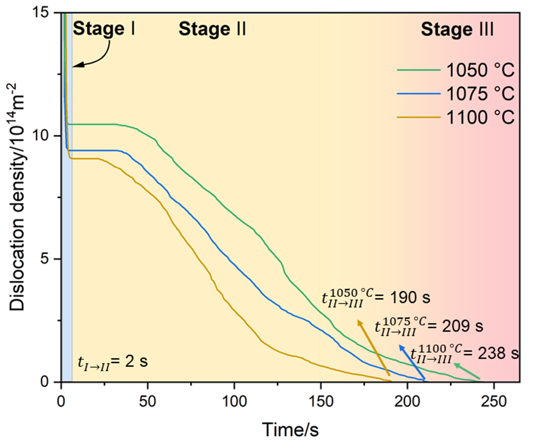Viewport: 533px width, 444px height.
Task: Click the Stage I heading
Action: (x=104, y=29)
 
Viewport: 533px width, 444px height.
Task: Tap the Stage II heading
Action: (x=212, y=29)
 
